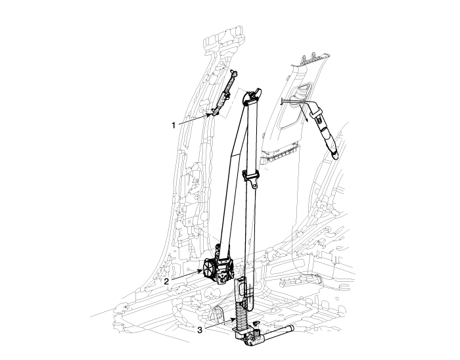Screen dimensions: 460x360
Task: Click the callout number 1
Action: pos(173,125)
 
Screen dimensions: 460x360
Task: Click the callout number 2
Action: pos(166,281)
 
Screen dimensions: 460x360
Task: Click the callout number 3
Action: pos(200,330)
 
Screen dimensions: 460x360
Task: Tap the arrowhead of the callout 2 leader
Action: pos(201,271)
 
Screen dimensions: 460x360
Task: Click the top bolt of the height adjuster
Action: pos(233,72)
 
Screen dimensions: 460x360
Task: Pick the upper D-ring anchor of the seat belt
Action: pos(252,96)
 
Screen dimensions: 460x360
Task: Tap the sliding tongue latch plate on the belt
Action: pos(252,178)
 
